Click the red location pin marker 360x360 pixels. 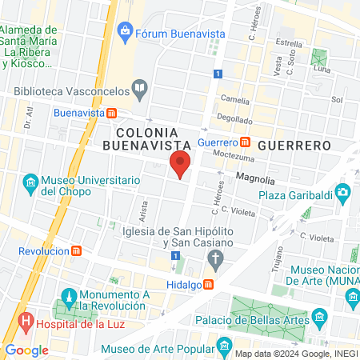180,164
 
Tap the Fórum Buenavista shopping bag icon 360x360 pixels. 124,32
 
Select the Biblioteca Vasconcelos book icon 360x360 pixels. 140,89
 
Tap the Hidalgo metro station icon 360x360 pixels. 208,284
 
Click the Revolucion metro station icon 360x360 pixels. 76,250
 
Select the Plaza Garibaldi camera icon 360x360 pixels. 343,192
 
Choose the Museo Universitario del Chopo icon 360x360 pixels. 30,184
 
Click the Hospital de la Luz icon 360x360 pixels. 27,325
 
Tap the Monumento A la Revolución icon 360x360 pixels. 70,296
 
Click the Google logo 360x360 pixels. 26,350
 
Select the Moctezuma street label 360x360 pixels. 234,157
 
